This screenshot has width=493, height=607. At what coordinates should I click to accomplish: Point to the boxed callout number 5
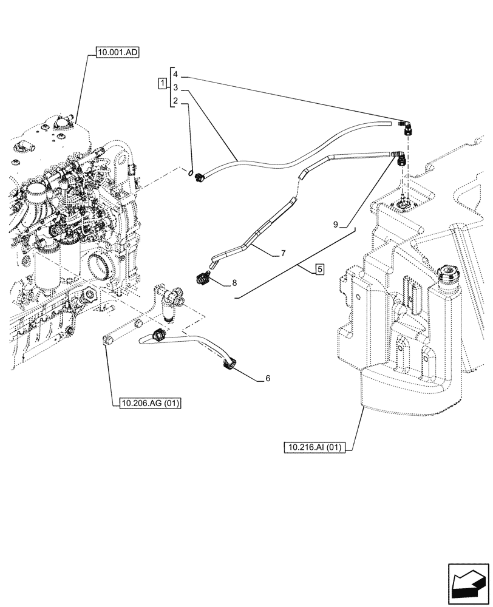coord(319,269)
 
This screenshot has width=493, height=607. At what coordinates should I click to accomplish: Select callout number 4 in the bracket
coord(175,73)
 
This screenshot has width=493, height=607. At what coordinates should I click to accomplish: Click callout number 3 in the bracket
coord(175,88)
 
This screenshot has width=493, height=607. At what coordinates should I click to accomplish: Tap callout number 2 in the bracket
coord(175,101)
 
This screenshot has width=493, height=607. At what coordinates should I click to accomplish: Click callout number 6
coord(267,378)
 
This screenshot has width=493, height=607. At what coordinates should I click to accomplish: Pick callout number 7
coord(282,252)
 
